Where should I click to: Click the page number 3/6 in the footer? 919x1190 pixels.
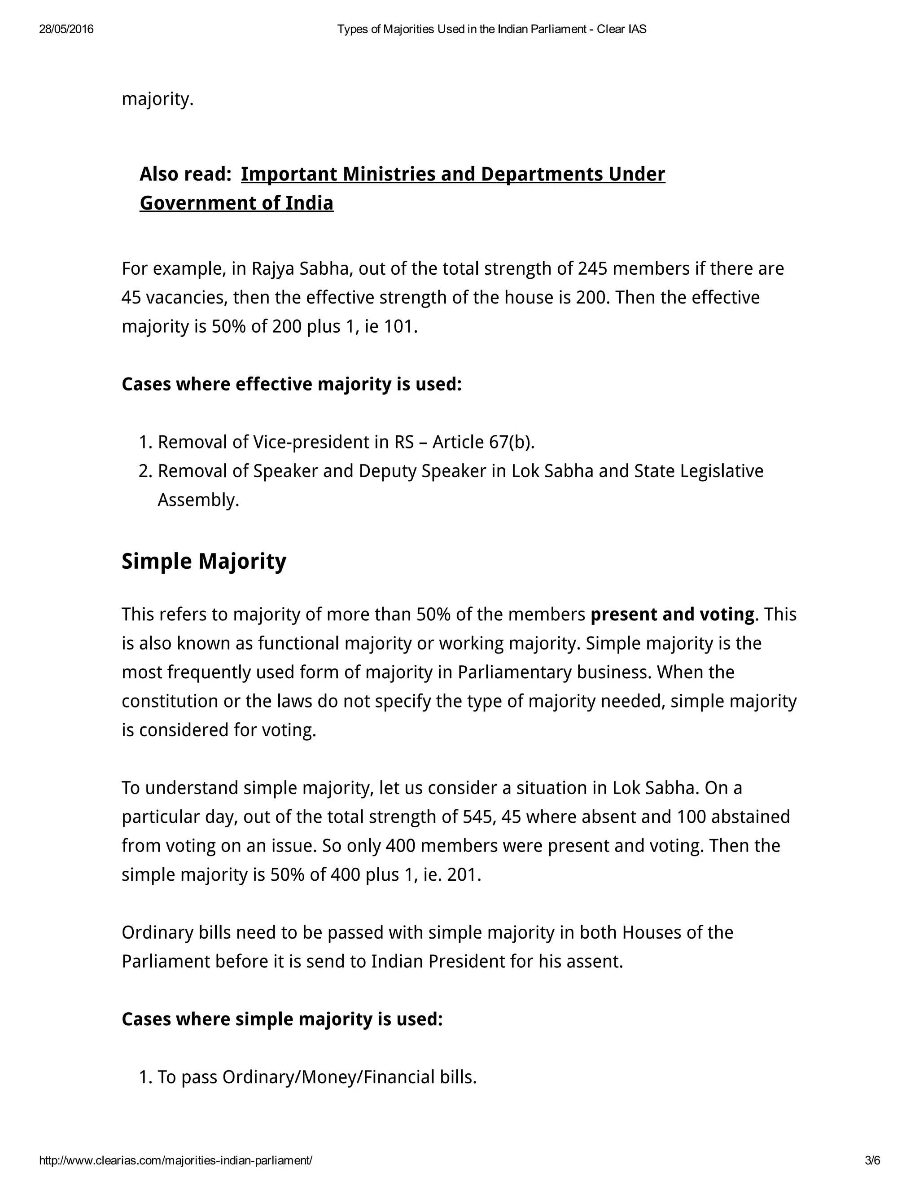tap(872, 1160)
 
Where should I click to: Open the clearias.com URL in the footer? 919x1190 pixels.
tap(175, 1160)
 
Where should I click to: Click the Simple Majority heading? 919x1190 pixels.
tap(204, 561)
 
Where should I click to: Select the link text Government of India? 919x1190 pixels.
tap(236, 203)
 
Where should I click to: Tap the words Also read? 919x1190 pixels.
tap(185, 174)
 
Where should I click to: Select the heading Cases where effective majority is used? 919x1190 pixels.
tap(291, 384)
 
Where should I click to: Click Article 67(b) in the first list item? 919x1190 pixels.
tap(483, 442)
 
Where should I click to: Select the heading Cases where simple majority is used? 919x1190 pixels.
tap(282, 1019)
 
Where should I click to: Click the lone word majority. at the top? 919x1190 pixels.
tap(158, 99)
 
